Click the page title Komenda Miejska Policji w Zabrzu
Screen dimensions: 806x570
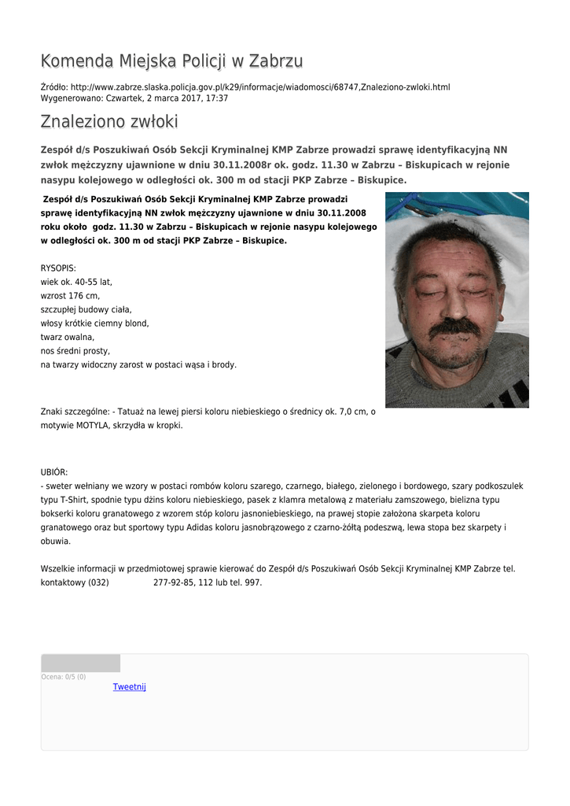point(171,61)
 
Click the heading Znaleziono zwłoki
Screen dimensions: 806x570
point(109,122)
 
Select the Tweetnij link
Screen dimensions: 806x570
point(130,687)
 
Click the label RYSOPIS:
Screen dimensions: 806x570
point(58,268)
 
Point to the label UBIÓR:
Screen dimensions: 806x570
point(54,472)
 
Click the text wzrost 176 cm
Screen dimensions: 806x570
point(70,296)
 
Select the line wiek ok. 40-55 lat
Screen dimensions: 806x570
point(76,282)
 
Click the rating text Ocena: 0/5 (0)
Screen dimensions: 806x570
point(64,677)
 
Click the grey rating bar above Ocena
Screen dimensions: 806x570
point(81,663)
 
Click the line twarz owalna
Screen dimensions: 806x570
point(68,337)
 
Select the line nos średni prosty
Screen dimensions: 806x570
point(75,351)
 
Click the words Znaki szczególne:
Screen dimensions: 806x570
point(75,412)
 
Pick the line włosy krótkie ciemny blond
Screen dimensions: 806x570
point(94,324)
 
